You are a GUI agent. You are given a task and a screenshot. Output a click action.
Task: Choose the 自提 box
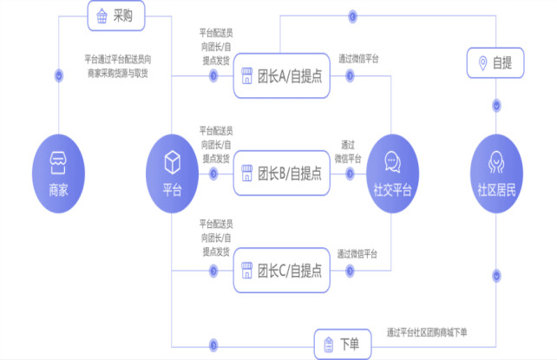[x=495, y=62]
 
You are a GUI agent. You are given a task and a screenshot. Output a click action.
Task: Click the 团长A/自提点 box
[x=281, y=75]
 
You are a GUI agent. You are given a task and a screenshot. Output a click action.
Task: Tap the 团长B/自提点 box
[x=281, y=173]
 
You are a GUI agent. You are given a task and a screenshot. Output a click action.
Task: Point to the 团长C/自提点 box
[x=281, y=269]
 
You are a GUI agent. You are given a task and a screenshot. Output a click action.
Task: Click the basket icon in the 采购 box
[x=102, y=16]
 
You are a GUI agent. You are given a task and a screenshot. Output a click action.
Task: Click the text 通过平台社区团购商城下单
[x=427, y=332]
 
